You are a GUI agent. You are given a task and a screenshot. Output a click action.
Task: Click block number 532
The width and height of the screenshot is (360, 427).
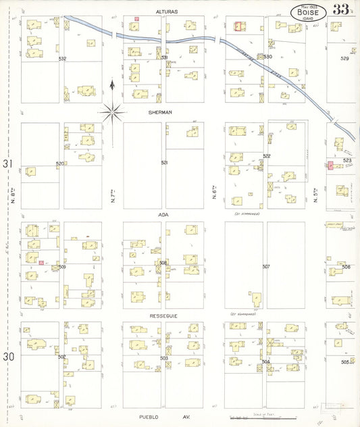click(62, 59)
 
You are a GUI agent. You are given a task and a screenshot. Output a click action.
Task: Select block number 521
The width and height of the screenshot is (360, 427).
click(163, 163)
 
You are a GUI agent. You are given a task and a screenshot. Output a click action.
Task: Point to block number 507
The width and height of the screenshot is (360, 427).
click(265, 266)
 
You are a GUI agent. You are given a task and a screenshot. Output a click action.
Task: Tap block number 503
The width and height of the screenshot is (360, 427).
click(163, 357)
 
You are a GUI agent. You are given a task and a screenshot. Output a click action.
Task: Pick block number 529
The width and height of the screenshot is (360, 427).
click(344, 59)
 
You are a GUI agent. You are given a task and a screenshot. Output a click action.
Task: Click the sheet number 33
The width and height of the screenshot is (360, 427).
click(340, 9)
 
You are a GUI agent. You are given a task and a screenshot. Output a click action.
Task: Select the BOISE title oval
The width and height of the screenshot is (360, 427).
click(309, 11)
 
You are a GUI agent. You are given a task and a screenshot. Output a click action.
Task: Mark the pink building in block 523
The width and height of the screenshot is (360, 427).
click(330, 166)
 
